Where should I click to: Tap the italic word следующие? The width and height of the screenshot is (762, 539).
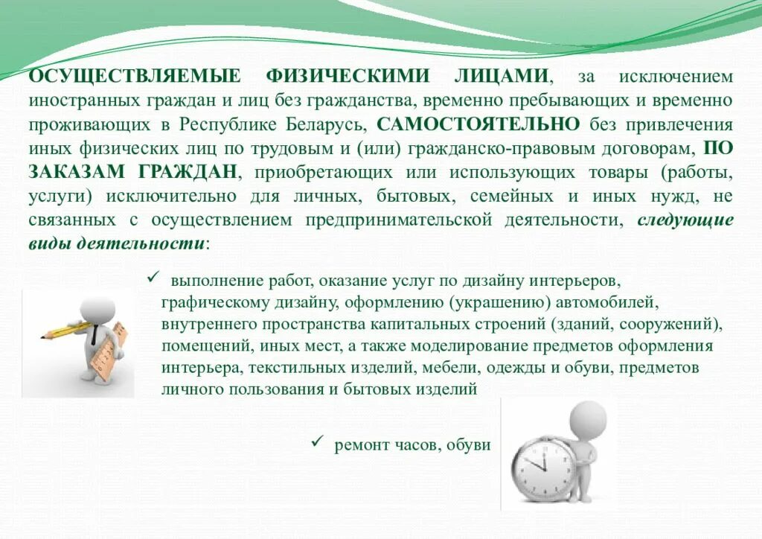pyautogui.click(x=685, y=220)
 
